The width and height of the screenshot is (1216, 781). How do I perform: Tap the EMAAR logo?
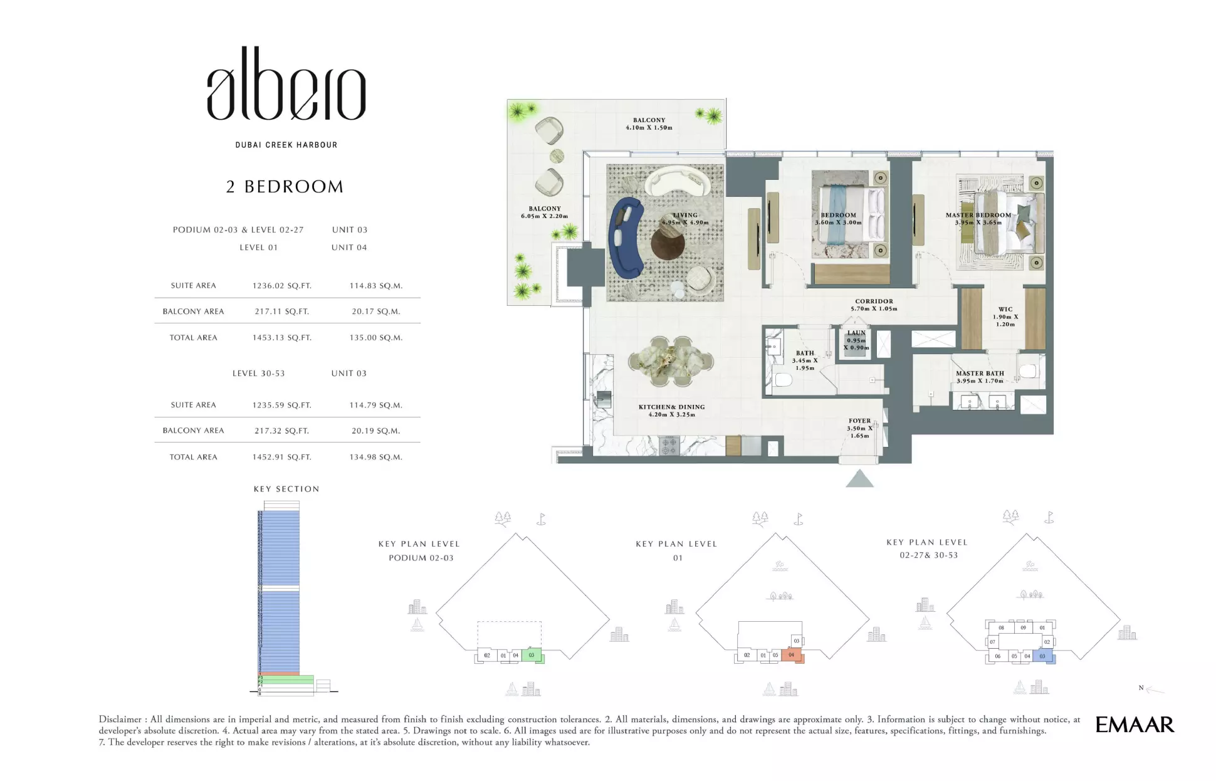pyautogui.click(x=1135, y=725)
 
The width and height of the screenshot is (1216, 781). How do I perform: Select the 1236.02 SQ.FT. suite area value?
pyautogui.click(x=281, y=286)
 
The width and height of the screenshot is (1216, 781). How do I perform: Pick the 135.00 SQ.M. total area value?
pyautogui.click(x=375, y=338)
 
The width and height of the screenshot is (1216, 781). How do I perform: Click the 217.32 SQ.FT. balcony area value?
pyautogui.click(x=281, y=431)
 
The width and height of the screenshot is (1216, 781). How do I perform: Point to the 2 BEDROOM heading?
pyautogui.click(x=285, y=187)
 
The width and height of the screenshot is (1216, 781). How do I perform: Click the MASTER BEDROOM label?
pyautogui.click(x=978, y=216)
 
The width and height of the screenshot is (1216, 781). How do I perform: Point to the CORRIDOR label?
pyautogui.click(x=874, y=301)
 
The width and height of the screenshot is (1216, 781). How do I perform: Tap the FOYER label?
pyautogui.click(x=859, y=421)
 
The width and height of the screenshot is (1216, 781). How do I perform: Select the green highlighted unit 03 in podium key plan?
pyautogui.click(x=532, y=655)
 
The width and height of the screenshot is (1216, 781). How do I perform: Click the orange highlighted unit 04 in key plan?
pyautogui.click(x=792, y=655)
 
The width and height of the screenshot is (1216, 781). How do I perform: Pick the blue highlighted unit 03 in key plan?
pyautogui.click(x=1042, y=656)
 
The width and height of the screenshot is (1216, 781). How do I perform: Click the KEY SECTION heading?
pyautogui.click(x=286, y=489)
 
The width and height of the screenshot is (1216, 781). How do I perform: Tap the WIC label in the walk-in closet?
pyautogui.click(x=1005, y=310)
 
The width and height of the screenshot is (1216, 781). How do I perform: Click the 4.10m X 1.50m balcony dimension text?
pyautogui.click(x=649, y=128)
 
